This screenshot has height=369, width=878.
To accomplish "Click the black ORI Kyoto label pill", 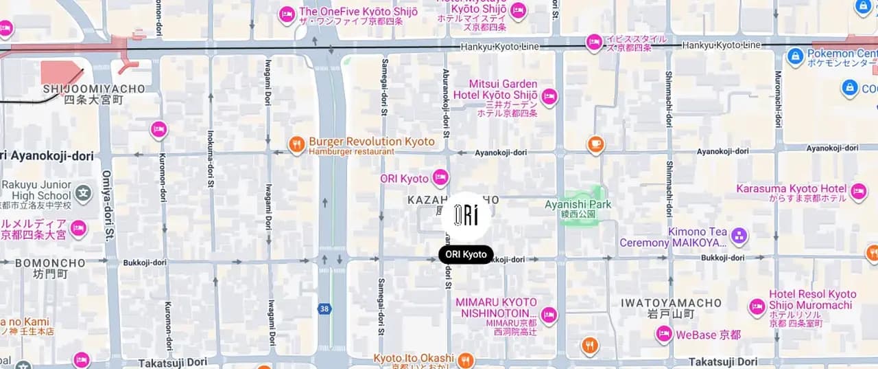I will click(x=466, y=254).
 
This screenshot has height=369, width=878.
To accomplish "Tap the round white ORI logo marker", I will click(x=466, y=216).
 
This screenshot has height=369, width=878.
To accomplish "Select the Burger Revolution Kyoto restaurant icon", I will click(x=296, y=144).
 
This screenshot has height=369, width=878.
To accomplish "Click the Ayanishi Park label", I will click(x=578, y=204).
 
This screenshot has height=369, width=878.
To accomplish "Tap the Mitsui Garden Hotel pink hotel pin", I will click(x=549, y=97).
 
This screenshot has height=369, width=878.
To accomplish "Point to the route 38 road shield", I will click(x=324, y=309).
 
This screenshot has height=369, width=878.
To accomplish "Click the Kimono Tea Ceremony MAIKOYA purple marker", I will click(x=739, y=236).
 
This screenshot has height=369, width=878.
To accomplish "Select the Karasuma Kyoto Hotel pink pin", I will click(x=858, y=191).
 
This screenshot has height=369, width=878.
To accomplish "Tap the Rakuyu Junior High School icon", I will click(x=83, y=192).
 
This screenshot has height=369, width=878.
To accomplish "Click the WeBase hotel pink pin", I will click(x=663, y=335).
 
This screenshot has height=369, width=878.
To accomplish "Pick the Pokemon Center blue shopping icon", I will click(x=795, y=56).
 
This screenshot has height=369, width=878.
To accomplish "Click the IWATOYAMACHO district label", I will click(x=671, y=303).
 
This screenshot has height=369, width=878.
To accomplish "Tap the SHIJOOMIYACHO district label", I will click(x=94, y=89).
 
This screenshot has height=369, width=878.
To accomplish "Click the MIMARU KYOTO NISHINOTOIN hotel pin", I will click(x=549, y=315).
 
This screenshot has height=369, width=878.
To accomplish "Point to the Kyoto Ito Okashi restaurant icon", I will click(x=466, y=360).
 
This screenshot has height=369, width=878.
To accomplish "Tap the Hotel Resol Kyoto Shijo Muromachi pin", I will click(x=757, y=306).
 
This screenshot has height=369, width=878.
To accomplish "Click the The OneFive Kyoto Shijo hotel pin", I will click(x=287, y=14).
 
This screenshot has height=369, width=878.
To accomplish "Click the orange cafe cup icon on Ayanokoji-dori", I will click(x=595, y=144).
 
